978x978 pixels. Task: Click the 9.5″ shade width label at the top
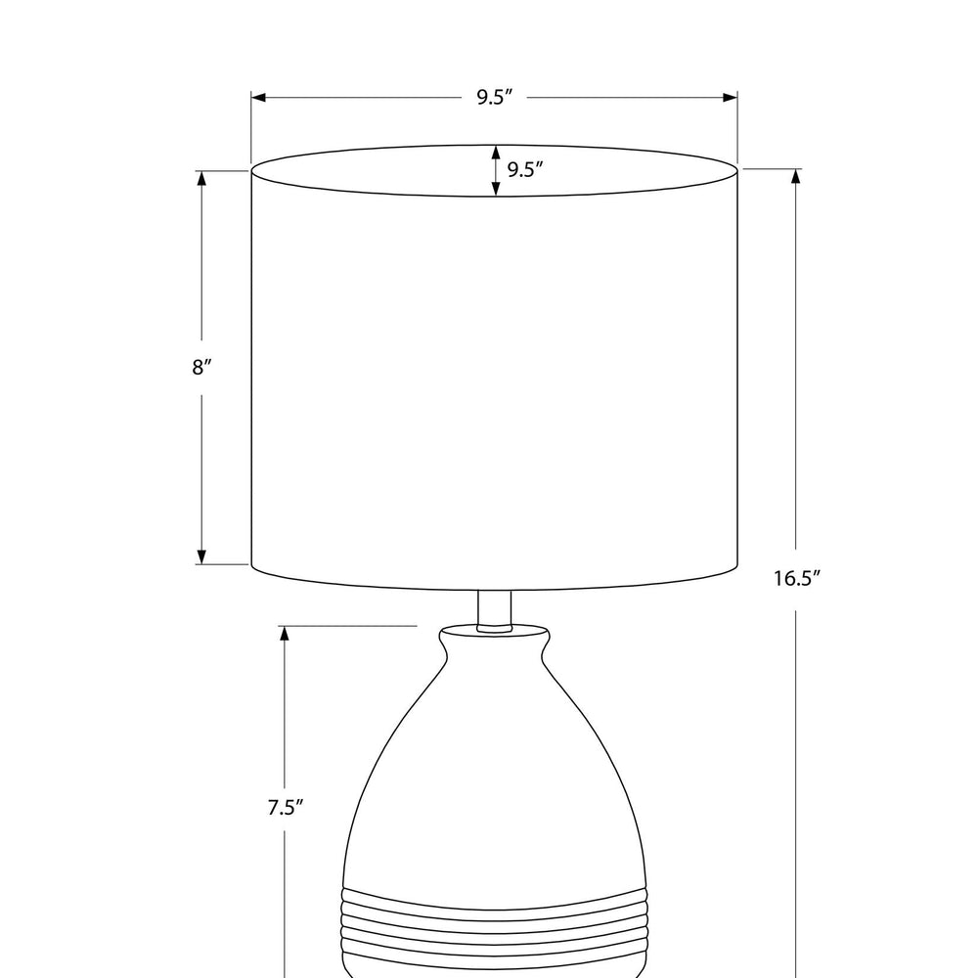495,97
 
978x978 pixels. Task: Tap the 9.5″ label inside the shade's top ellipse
524,169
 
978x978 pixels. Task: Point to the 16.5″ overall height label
796,578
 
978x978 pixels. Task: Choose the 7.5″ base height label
286,807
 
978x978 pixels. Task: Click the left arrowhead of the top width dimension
259,97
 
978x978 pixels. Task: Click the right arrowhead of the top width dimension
730,97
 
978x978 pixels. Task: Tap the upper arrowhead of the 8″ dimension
201,178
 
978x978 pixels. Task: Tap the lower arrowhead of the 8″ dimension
201,557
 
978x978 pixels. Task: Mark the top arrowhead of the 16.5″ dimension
795,176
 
